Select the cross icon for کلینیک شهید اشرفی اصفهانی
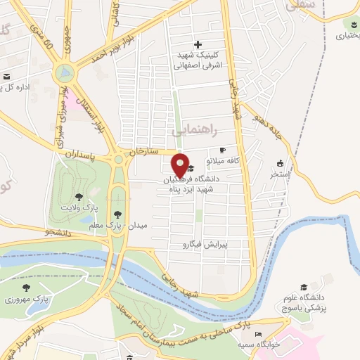click(198, 44)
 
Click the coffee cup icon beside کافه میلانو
click(223, 150)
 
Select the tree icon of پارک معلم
click(117, 214)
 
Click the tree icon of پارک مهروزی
click(27, 287)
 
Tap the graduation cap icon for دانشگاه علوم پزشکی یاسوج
click(303, 287)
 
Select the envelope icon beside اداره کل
click(6, 76)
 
